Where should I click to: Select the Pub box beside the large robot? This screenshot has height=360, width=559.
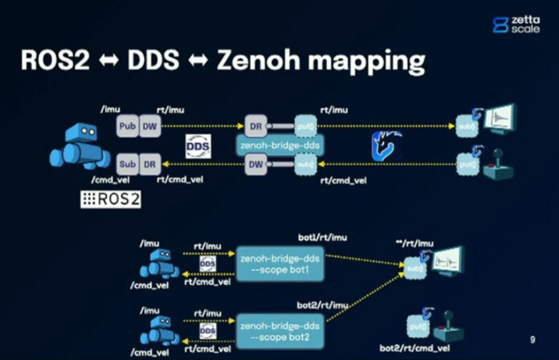(127, 125)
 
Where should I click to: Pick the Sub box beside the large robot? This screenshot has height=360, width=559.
(127, 163)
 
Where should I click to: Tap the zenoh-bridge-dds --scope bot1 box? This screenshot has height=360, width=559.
(280, 264)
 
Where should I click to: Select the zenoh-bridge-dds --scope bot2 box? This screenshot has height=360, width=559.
(280, 330)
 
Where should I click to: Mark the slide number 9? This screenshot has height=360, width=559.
(532, 339)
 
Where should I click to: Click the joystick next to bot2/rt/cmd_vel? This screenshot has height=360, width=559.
(443, 328)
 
